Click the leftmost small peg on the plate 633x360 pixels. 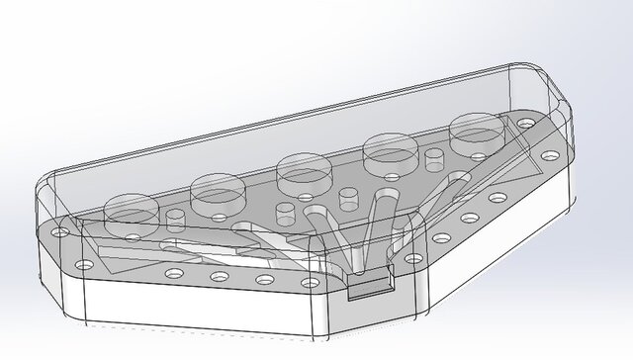pyautogui.click(x=177, y=217)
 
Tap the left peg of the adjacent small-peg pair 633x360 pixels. pyautogui.click(x=282, y=212)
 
